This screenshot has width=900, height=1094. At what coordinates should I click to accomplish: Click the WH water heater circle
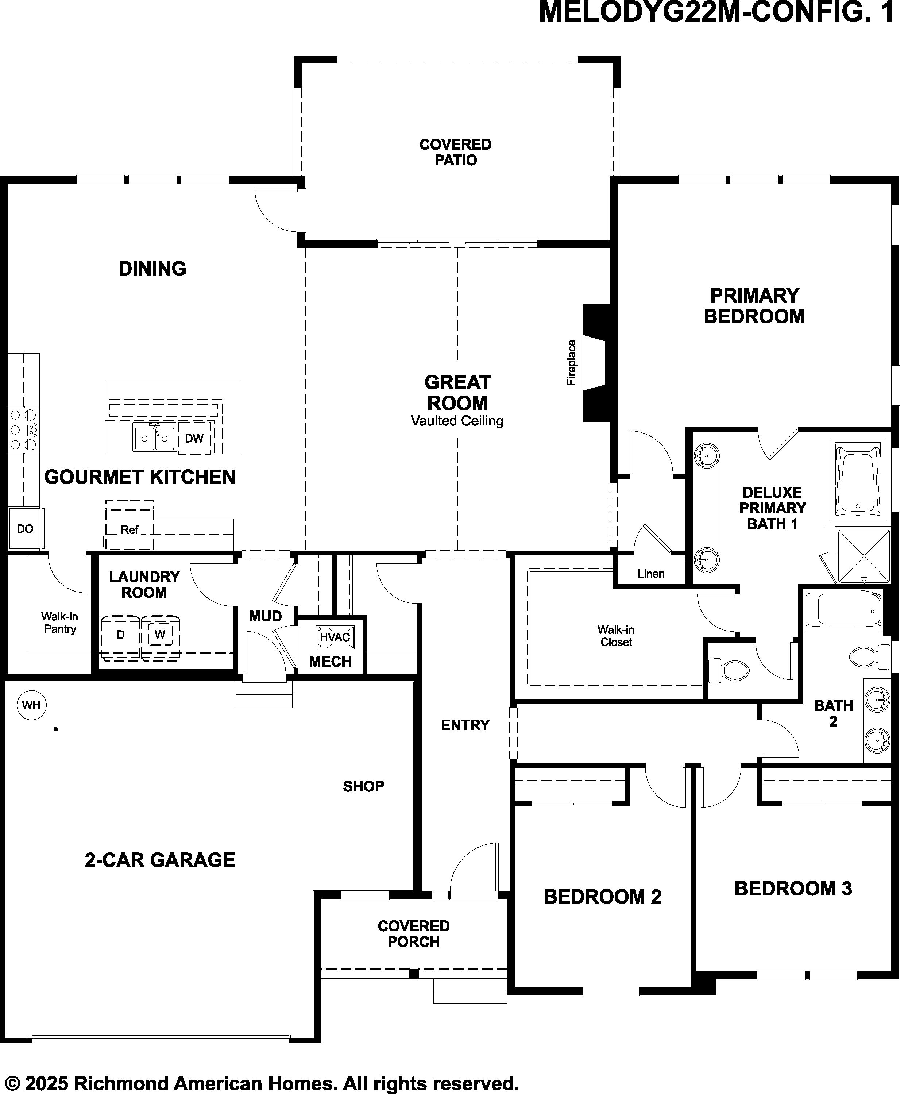coord(32,705)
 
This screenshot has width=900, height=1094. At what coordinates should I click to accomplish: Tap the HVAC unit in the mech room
coord(335,637)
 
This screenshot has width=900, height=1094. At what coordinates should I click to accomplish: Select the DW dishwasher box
coord(194,438)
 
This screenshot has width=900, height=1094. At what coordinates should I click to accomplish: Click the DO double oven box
coord(25,528)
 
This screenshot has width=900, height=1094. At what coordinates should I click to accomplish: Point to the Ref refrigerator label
coord(130,530)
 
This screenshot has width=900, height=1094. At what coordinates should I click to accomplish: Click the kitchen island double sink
coord(154,438)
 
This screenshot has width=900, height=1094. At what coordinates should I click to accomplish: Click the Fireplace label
coord(571,362)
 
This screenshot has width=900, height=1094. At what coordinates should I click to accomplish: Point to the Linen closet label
coord(651,573)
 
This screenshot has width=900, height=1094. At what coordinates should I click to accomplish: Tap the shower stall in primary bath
coord(864,556)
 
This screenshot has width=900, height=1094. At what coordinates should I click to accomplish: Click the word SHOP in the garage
coord(363,786)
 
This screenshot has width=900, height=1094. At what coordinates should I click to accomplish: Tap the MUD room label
coord(266,616)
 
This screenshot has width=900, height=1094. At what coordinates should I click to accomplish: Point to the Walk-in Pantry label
coord(59,622)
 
